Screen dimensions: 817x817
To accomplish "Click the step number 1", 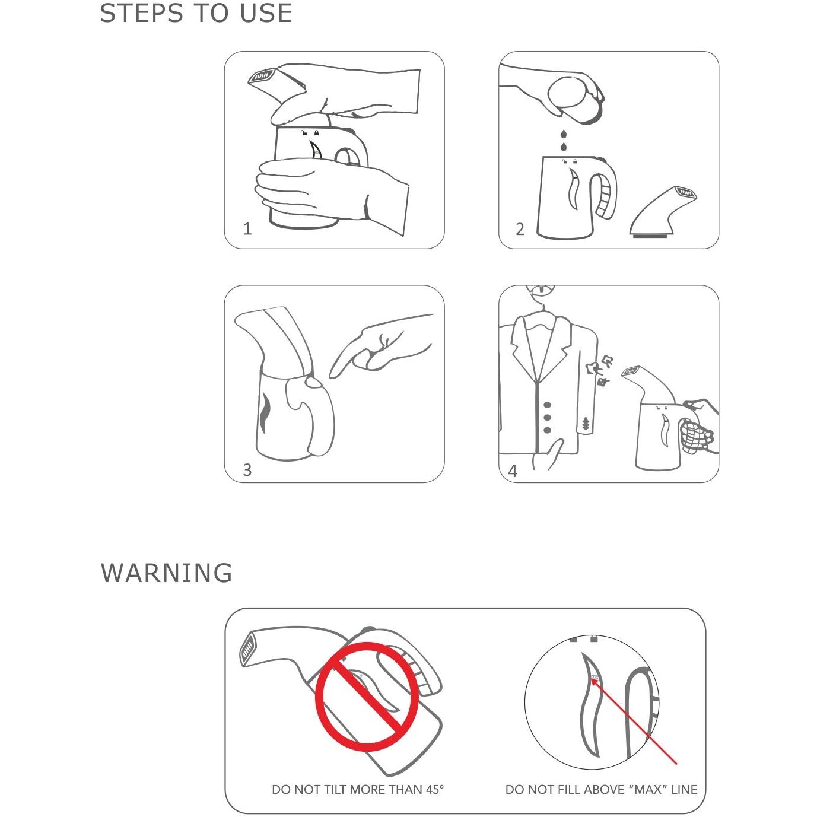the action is point(247,229).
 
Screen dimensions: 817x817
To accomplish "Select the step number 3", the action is point(247,470).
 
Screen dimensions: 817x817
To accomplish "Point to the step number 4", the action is point(513,471).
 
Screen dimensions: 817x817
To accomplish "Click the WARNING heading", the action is point(167,573).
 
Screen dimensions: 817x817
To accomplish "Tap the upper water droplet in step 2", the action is point(563,135).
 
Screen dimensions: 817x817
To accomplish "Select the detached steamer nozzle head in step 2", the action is point(663,211).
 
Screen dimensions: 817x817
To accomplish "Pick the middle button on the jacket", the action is point(548,418).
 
